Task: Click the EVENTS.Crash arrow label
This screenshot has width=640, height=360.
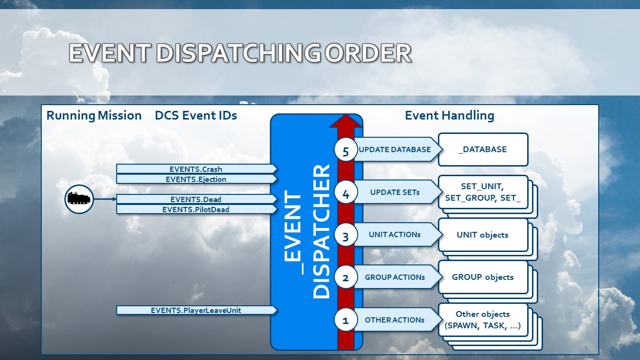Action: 196,169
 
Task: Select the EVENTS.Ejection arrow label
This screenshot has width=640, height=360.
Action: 196,179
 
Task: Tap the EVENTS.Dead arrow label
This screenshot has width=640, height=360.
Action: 196,199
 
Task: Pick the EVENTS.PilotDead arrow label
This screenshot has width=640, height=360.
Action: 196,209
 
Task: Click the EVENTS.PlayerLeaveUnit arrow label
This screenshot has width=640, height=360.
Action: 196,310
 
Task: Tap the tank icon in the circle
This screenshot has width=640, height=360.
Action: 79,199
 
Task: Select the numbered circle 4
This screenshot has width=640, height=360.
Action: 346,194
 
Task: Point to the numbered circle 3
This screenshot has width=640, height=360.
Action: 346,236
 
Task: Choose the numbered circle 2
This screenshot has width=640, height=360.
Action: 346,278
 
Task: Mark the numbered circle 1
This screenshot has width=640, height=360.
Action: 346,320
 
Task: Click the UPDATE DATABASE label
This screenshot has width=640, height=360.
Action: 395,149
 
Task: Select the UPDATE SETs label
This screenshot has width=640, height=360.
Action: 395,192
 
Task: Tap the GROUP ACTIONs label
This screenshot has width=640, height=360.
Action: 395,277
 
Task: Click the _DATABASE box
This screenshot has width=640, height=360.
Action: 483,149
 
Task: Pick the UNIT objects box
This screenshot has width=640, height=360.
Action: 483,235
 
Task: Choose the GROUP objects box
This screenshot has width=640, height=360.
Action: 483,277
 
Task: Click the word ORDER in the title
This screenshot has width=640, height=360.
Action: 368,53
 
